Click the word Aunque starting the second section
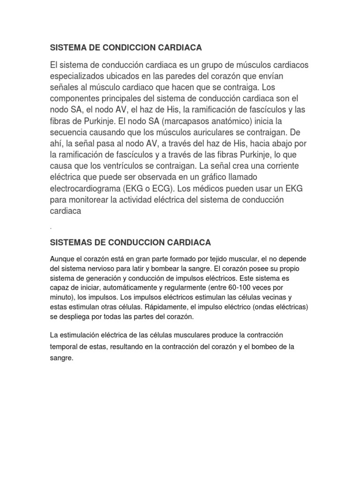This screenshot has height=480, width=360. coord(61,260)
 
